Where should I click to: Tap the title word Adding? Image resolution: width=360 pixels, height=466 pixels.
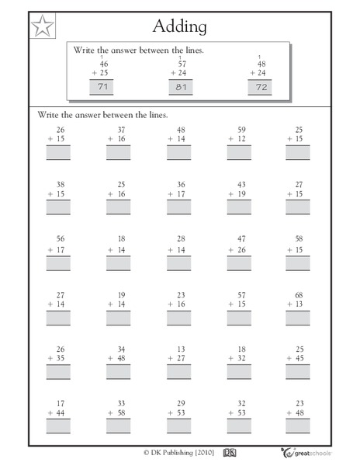[180, 26]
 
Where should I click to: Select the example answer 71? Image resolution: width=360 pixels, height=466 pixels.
[101, 88]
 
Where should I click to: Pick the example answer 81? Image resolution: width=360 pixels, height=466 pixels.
[180, 88]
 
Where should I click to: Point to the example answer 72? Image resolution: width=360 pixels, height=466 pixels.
[261, 88]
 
